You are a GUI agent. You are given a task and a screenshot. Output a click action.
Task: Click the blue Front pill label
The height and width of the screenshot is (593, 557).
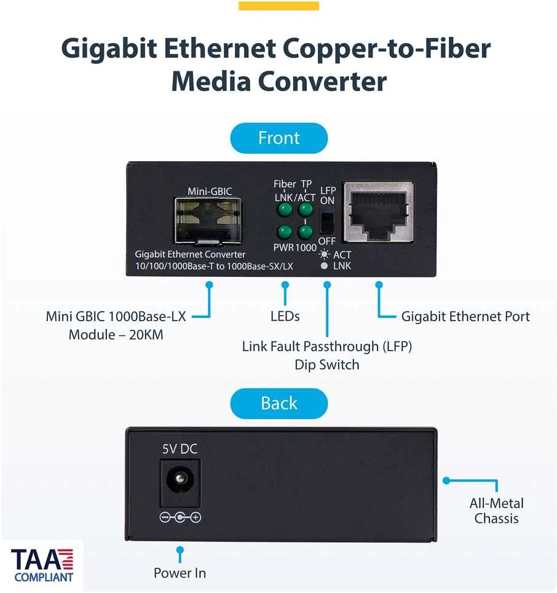pyautogui.click(x=279, y=138)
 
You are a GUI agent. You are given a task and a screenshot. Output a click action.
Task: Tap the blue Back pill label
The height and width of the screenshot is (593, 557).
pyautogui.click(x=279, y=403)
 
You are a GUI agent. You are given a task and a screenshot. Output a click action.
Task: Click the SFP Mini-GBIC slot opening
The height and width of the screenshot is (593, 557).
pyautogui.click(x=208, y=220)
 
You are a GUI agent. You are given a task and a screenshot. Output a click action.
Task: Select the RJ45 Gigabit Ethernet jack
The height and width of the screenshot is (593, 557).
pyautogui.click(x=379, y=212)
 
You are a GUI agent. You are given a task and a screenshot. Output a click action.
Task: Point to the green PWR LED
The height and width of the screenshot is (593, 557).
pyautogui.click(x=284, y=232)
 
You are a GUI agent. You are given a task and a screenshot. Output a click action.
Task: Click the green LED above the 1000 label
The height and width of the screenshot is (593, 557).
pyautogui.click(x=306, y=232)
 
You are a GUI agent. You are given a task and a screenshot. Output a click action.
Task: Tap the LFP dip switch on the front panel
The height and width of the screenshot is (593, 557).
pyautogui.click(x=327, y=222)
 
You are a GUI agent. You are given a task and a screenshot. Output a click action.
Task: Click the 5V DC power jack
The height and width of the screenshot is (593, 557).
pyautogui.click(x=180, y=483)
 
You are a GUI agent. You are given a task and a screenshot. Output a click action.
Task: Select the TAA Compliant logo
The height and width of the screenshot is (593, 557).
pyautogui.click(x=42, y=565)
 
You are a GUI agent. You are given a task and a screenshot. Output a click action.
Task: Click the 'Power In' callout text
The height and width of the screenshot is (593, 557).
pyautogui.click(x=180, y=573)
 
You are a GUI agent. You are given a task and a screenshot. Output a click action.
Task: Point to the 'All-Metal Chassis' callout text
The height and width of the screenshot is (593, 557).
pyautogui.click(x=497, y=511)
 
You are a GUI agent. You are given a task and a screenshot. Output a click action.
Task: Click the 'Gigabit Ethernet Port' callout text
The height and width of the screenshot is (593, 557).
pyautogui.click(x=465, y=317)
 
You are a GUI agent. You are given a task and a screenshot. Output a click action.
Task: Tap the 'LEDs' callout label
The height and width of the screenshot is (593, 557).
pyautogui.click(x=285, y=316)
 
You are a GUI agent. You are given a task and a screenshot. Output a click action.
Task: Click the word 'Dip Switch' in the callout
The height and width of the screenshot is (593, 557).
pyautogui.click(x=327, y=365)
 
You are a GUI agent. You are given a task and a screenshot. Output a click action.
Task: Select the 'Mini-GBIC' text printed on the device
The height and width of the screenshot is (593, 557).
pyautogui.click(x=210, y=191)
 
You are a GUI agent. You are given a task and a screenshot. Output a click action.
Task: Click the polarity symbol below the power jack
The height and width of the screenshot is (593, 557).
pyautogui.click(x=180, y=517)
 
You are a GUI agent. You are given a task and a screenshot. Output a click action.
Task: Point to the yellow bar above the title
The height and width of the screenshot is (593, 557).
pyautogui.click(x=279, y=6)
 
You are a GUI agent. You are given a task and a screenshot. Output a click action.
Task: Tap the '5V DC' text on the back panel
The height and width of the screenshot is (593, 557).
pyautogui.click(x=180, y=449)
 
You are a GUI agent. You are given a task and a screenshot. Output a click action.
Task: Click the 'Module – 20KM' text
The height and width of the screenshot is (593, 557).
pyautogui.click(x=116, y=335)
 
